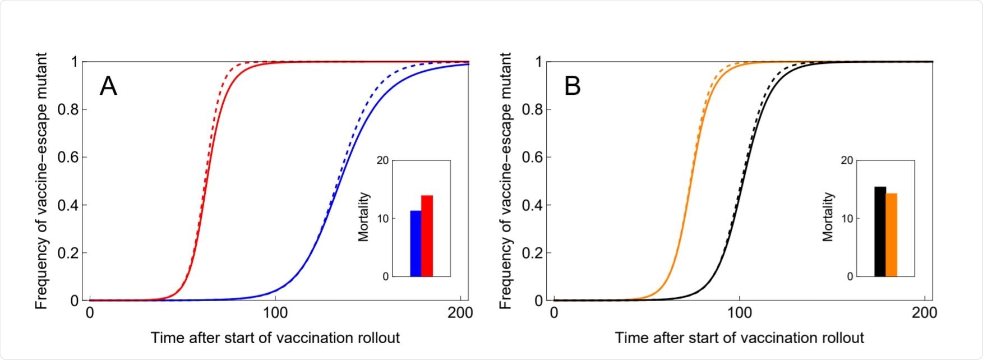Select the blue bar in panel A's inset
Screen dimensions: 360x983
click(x=416, y=243)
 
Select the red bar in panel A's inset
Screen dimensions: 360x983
click(x=427, y=236)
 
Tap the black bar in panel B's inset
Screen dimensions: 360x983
click(x=880, y=232)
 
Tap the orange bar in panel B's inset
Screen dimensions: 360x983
click(x=892, y=235)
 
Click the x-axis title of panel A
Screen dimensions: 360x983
click(x=275, y=338)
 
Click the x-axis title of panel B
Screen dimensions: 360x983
click(x=739, y=338)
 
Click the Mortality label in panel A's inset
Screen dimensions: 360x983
click(x=364, y=217)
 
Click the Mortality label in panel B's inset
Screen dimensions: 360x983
click(x=828, y=217)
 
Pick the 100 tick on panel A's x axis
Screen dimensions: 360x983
click(x=275, y=312)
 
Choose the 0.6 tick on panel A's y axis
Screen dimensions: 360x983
click(x=70, y=157)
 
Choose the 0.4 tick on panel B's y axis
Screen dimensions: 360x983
click(x=534, y=205)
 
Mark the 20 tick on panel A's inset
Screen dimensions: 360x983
click(x=382, y=160)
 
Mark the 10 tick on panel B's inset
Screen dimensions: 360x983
click(x=847, y=218)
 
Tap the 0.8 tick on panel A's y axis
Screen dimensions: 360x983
click(x=70, y=109)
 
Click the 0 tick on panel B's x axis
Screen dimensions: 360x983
click(x=554, y=312)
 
